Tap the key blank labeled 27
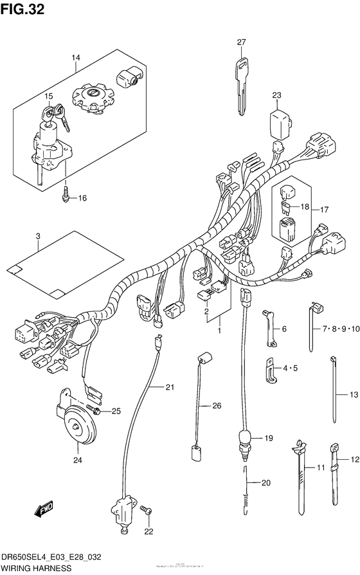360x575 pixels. pyautogui.click(x=241, y=84)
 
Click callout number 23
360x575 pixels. pyautogui.click(x=276, y=96)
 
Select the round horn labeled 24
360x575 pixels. pyautogui.click(x=78, y=424)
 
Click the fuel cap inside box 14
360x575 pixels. pyautogui.click(x=94, y=97)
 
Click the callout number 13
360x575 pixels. pyautogui.click(x=352, y=394)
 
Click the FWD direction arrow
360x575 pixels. pyautogui.click(x=44, y=511)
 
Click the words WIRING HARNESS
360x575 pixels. pyautogui.click(x=36, y=569)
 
